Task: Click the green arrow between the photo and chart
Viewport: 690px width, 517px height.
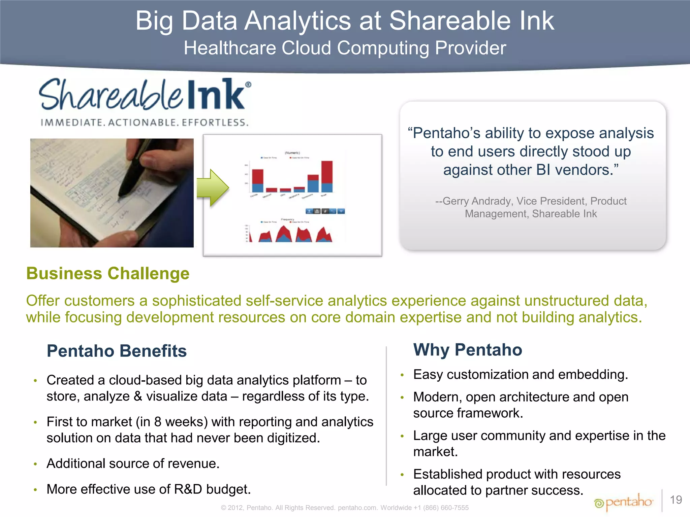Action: coord(213,187)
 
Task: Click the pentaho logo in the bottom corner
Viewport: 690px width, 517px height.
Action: coord(624,502)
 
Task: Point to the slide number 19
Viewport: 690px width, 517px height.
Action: coord(676,500)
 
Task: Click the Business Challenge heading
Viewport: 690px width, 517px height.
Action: coord(108,273)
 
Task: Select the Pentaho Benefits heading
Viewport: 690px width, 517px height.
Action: coord(117,351)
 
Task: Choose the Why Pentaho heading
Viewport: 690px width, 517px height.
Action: coord(468,349)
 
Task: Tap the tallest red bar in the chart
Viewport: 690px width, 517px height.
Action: coord(327,172)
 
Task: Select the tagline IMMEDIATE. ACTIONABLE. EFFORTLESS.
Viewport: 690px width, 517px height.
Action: coord(145,123)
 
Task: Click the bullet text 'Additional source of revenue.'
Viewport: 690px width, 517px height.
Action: coord(133,463)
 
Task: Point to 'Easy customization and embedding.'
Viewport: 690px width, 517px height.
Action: coord(521,374)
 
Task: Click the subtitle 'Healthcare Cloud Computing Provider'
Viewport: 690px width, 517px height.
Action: coord(345,48)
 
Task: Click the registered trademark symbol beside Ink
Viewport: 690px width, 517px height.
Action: coord(248,84)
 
